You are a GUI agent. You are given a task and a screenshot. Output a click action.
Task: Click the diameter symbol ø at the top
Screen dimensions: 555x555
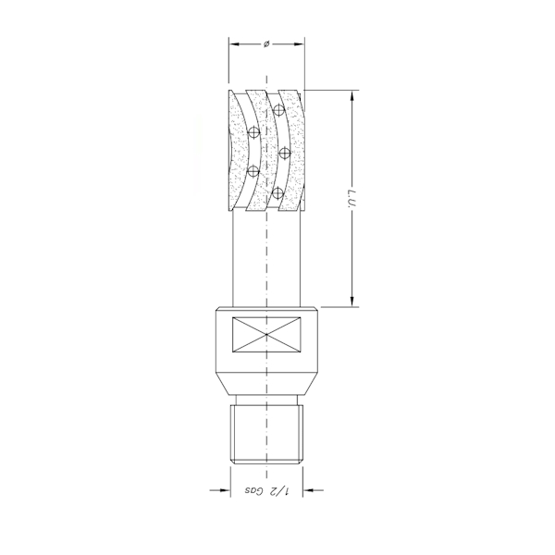tap(266, 43)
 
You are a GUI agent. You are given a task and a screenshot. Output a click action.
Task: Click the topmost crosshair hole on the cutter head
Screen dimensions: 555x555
tap(277, 110)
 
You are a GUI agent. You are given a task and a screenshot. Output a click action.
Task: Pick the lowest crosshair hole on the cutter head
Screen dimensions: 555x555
tap(277, 192)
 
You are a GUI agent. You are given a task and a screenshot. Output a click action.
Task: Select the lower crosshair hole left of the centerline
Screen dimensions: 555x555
tap(253, 171)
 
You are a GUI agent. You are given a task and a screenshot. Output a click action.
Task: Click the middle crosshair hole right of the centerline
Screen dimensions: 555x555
tap(285, 151)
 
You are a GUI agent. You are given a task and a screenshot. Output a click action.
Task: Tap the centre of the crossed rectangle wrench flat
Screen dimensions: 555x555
tap(266, 334)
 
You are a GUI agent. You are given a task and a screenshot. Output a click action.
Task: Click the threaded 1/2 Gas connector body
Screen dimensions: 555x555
tap(266, 431)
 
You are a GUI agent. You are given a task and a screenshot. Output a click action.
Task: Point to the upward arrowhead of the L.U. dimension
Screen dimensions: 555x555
tap(352, 95)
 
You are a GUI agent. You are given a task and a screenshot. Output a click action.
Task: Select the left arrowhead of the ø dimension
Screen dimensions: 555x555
tap(234, 43)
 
